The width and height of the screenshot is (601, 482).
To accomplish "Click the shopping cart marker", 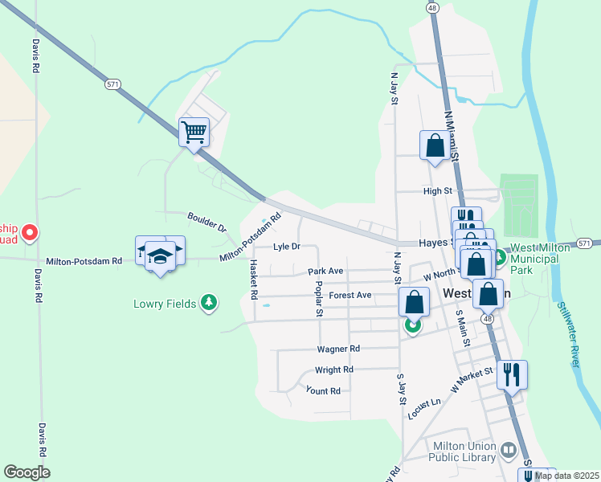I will click(194, 132).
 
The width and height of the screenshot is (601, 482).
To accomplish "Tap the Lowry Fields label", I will click(166, 304).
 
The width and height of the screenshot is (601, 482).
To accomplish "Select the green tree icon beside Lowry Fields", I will click(209, 302).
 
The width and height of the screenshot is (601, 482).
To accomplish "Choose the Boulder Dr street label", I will click(207, 223).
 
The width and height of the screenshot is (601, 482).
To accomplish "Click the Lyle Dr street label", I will click(286, 247).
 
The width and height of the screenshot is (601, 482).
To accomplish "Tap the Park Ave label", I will click(325, 272).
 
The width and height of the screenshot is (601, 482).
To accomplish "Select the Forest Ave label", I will click(350, 295).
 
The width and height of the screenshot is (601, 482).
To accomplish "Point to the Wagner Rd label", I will click(338, 349).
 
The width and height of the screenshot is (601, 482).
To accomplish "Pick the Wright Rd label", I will click(334, 370).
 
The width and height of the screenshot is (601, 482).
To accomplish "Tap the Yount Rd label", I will click(323, 390).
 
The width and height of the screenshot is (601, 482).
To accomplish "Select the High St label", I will click(438, 191).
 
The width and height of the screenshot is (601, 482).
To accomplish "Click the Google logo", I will click(27, 472).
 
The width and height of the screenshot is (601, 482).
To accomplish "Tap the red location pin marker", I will click(30, 233).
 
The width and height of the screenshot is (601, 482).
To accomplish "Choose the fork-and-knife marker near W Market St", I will click(512, 374).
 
